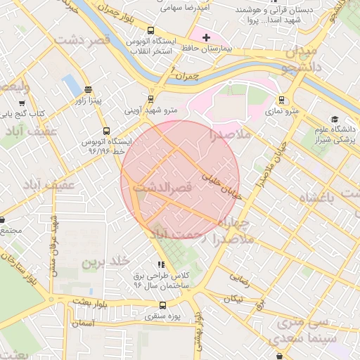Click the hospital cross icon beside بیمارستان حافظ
(206, 37)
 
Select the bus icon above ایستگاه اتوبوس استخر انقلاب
(152, 30)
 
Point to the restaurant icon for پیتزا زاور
(88, 89)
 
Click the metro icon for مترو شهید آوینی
(150, 99)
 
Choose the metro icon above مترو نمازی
(281, 100)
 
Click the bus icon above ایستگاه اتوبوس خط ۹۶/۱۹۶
(106, 130)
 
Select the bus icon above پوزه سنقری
(163, 305)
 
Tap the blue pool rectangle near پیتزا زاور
(71, 84)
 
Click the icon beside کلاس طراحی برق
(160, 265)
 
